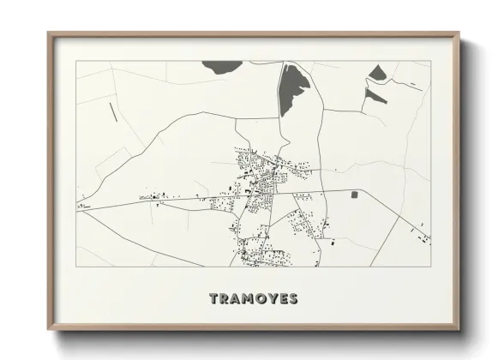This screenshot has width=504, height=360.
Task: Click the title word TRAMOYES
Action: [x=254, y=298]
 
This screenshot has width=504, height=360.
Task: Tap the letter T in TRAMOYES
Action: [x=214, y=298]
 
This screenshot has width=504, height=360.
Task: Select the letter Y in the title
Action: [x=272, y=298]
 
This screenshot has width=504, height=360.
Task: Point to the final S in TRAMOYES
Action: [x=293, y=298]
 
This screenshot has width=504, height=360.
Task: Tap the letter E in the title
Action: [x=282, y=298]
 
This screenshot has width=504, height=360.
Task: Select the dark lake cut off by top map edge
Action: [x=225, y=64]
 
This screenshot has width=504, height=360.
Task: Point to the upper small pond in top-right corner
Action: [x=378, y=73]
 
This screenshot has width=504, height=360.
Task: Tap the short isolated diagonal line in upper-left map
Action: [x=113, y=111]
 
